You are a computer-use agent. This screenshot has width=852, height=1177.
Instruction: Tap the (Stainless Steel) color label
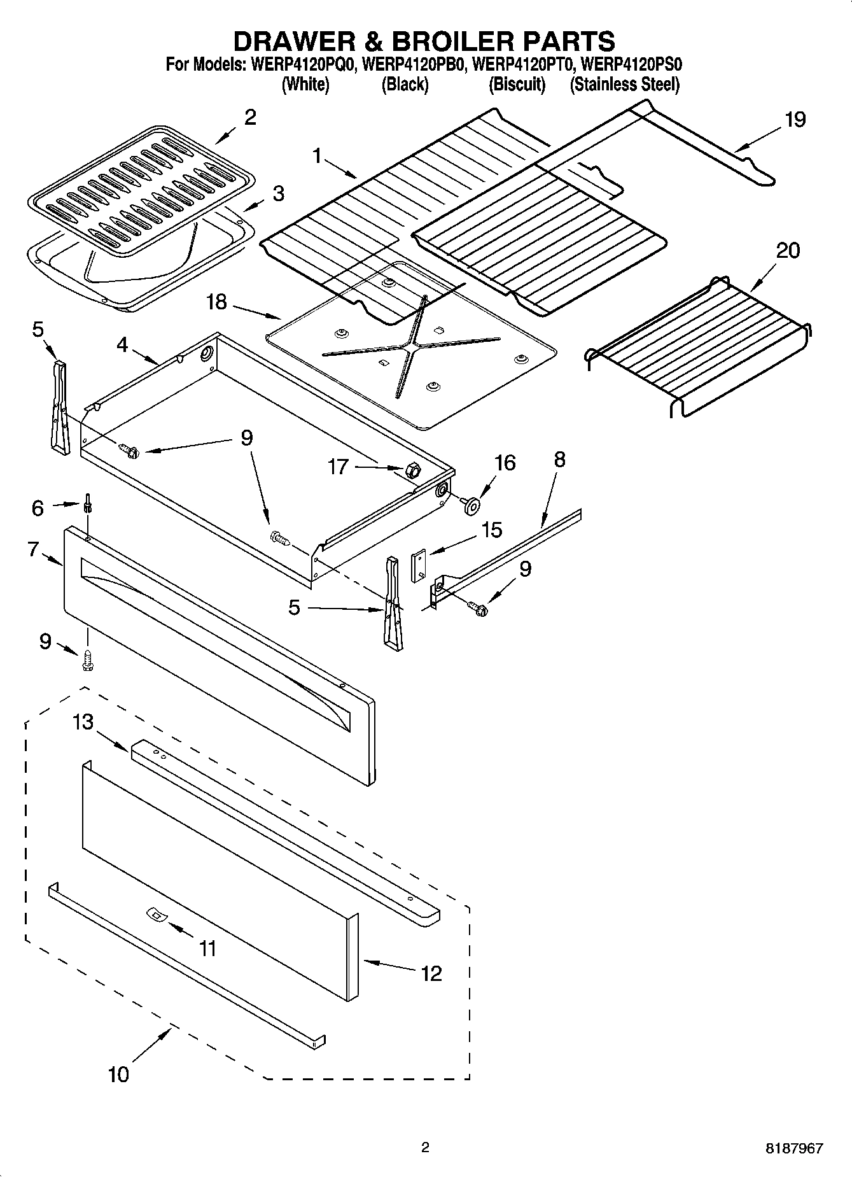click(624, 84)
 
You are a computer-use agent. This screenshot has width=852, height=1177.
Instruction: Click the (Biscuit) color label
click(517, 84)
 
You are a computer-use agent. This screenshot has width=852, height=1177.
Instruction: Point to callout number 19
click(795, 120)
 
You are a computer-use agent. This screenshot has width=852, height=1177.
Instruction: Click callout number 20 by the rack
click(787, 251)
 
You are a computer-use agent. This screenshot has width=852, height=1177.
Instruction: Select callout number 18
click(216, 302)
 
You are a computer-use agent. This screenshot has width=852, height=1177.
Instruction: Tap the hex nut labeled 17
click(410, 471)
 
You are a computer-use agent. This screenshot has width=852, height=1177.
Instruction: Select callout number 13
click(83, 722)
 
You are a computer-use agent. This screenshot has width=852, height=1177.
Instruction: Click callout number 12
click(431, 973)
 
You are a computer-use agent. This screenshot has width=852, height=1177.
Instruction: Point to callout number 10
click(118, 1074)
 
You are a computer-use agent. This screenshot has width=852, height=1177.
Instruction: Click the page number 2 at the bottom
click(425, 1148)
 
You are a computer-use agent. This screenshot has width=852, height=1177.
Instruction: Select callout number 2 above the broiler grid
click(250, 117)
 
